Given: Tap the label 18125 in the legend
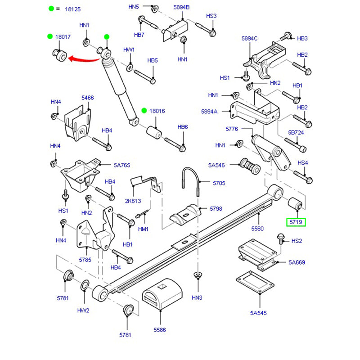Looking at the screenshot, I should [73, 9].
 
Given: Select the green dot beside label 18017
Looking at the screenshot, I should [50, 36].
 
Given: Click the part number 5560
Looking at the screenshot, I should [257, 229].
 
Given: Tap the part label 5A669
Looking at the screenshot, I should [297, 262].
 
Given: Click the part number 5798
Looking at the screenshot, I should [216, 209].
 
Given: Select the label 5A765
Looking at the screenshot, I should [122, 165].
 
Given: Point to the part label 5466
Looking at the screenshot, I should [87, 98].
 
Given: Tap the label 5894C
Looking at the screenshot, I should [249, 39].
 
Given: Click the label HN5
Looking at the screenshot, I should [134, 7].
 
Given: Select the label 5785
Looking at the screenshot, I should [85, 260].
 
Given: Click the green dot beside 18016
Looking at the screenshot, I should [144, 111].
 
